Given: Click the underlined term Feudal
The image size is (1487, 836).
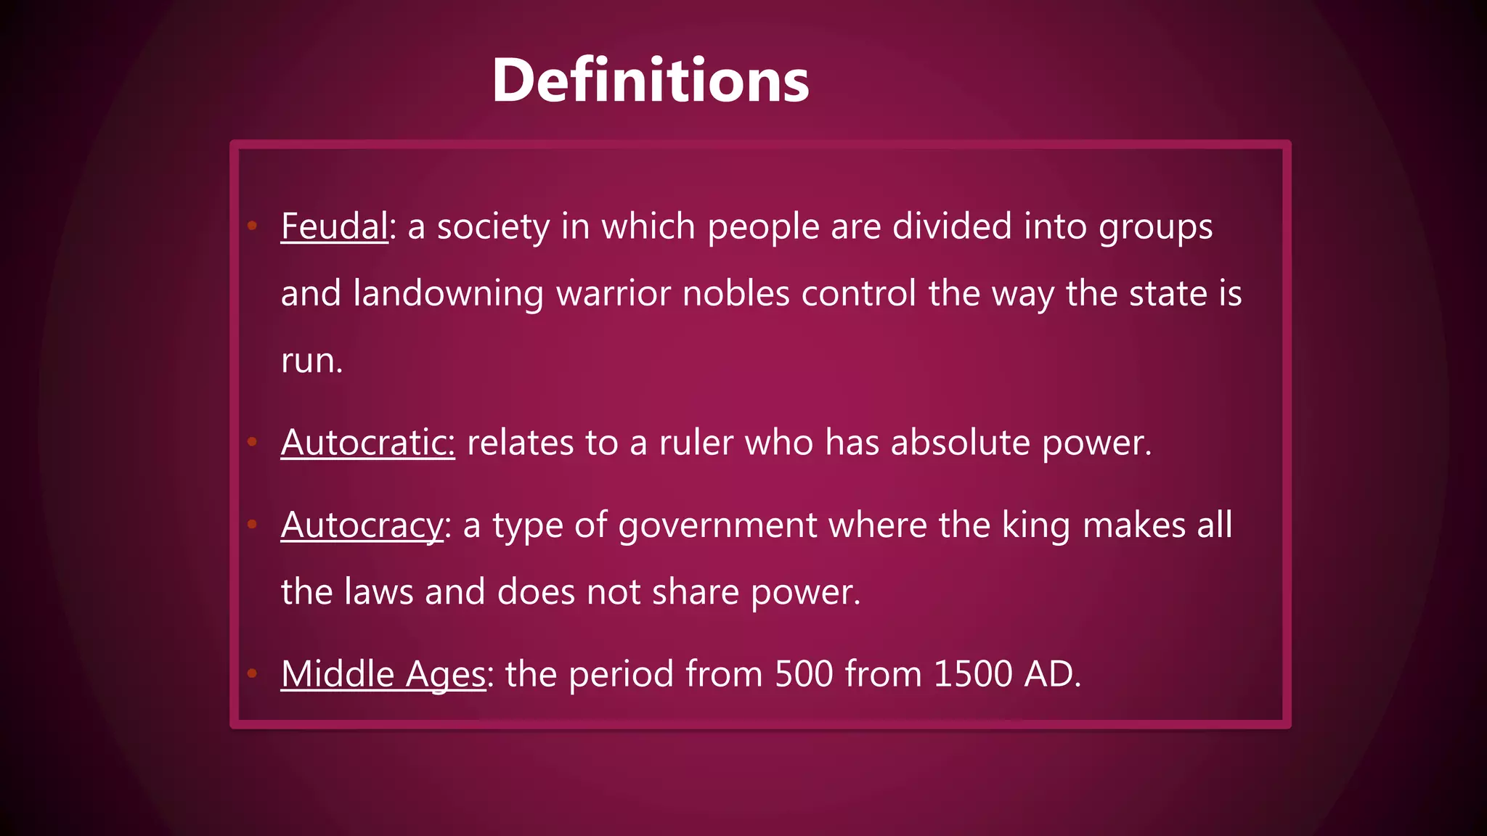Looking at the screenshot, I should [334, 226].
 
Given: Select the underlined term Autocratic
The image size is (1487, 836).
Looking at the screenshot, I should [367, 443].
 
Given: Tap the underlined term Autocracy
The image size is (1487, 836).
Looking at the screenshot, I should [362, 525].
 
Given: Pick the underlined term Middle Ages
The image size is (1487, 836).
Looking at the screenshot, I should [383, 674].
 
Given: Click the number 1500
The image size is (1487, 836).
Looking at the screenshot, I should [972, 674].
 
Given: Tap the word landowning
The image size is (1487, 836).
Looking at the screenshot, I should [448, 294].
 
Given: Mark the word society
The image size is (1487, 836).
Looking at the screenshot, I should [493, 226].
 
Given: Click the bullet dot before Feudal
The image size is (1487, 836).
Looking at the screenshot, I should [252, 226].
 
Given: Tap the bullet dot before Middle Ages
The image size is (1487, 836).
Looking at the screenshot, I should [252, 673].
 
